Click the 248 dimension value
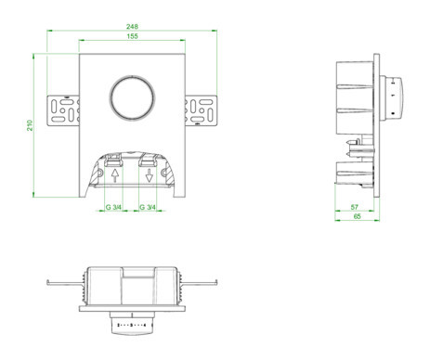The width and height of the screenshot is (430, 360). [x=132, y=27]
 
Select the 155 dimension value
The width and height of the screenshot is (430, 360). [x=132, y=36]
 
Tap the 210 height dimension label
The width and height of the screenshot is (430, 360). [x=30, y=125]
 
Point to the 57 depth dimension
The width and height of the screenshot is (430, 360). [x=355, y=207]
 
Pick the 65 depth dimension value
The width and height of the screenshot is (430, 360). [x=357, y=216]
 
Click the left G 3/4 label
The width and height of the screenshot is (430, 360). [x=113, y=207]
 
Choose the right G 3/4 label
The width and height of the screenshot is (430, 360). [x=148, y=207]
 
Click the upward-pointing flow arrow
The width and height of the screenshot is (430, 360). [x=115, y=175]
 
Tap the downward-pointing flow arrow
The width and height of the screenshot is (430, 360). [x=150, y=175]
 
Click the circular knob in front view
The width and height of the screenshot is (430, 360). [x=132, y=96]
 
